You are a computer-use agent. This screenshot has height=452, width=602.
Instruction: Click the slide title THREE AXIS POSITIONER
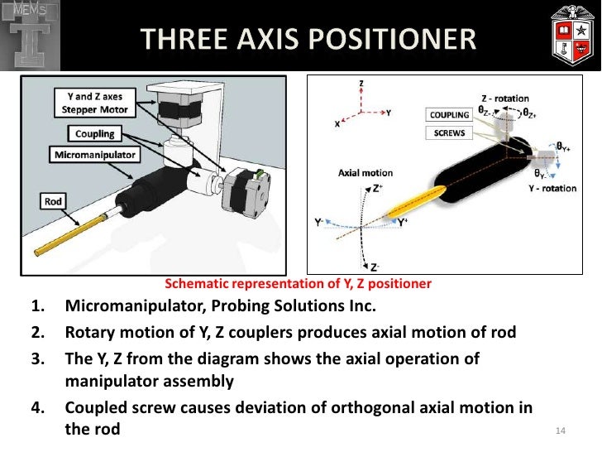coord(308,38)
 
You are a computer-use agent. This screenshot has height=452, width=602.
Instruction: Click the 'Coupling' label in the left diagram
coord(94,133)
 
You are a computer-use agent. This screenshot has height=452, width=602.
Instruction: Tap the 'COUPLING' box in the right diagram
coord(450,114)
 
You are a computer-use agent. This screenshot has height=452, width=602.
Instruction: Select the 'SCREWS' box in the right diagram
coord(450,132)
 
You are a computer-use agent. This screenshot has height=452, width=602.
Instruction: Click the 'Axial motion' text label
coord(365,173)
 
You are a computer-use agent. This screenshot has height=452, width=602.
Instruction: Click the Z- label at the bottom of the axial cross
coord(375,267)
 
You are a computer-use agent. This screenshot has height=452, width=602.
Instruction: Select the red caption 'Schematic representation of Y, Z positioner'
coord(299,283)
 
